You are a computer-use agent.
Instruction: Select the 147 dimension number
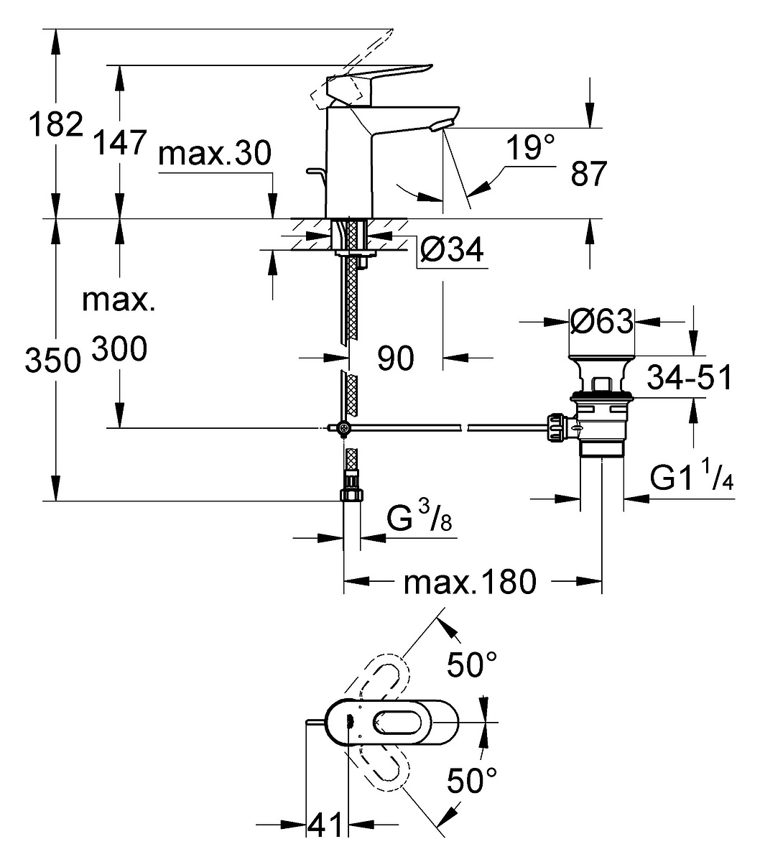[x=120, y=142]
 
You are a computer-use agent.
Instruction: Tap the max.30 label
[x=215, y=153]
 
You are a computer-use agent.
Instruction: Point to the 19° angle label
[x=531, y=147]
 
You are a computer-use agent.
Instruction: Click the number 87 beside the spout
[x=588, y=173]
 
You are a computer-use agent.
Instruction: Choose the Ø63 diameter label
[x=602, y=322]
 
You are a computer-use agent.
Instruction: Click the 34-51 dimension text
[x=689, y=376]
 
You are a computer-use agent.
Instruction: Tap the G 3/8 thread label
[x=419, y=515]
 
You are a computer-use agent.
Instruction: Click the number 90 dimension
[x=395, y=358]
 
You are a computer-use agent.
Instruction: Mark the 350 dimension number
[x=52, y=360]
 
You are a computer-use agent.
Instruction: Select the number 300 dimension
[x=119, y=349]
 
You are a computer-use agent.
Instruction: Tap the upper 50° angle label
[x=472, y=664]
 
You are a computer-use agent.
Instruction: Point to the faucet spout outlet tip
[x=442, y=125]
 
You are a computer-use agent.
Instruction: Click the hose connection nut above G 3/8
[x=352, y=494]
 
